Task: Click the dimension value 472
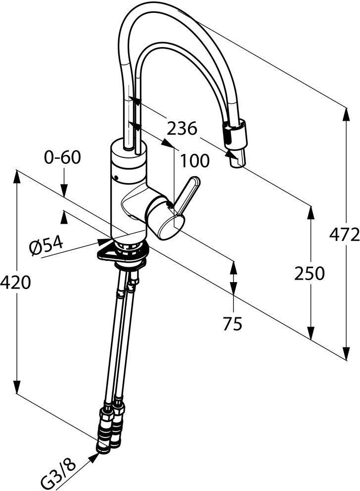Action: (344, 234)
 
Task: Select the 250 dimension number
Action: (310, 273)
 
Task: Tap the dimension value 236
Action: (181, 128)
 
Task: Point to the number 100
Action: (194, 161)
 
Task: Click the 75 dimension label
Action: (232, 324)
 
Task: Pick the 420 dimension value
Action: (15, 283)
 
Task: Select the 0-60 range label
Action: (62, 157)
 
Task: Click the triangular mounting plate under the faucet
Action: (122, 252)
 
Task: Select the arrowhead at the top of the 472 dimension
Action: (346, 115)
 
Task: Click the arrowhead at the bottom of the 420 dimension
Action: (17, 387)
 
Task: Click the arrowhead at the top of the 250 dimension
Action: (311, 213)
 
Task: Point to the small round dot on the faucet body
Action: (117, 178)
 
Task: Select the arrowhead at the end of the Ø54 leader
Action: (104, 241)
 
